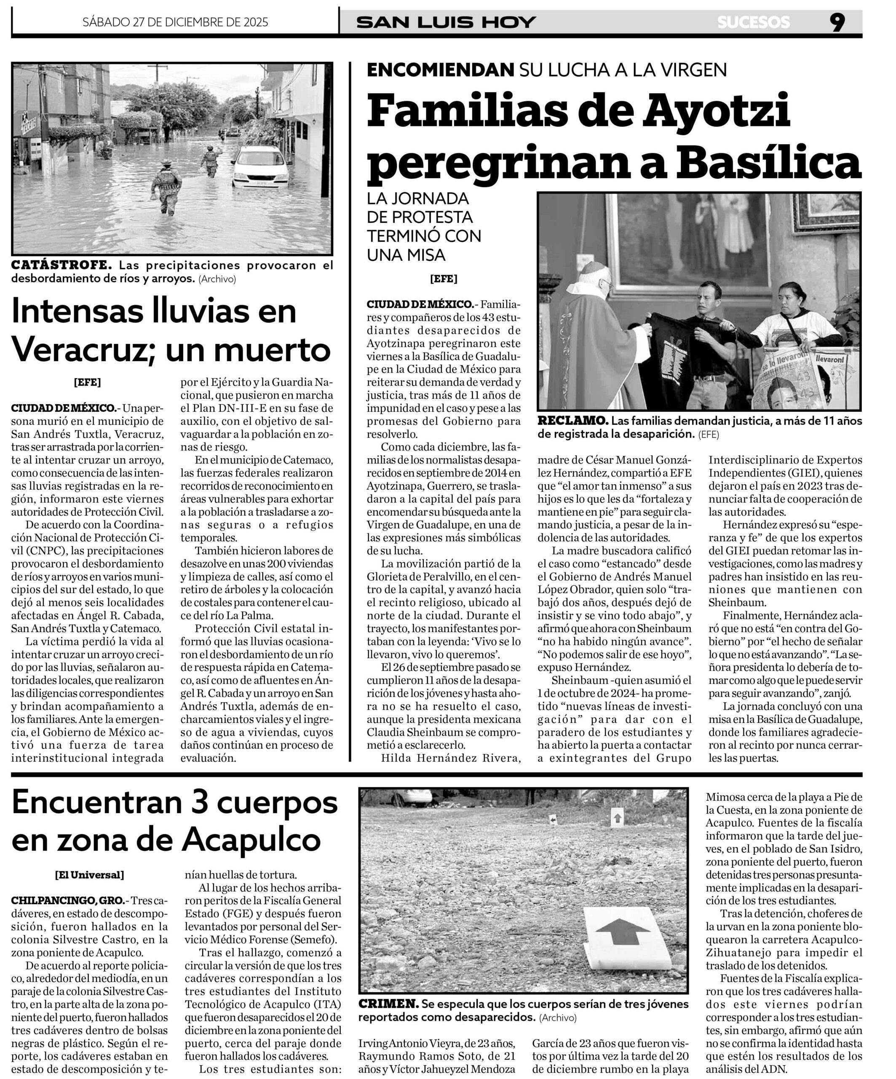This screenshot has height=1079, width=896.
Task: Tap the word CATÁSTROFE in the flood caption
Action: (x=62, y=265)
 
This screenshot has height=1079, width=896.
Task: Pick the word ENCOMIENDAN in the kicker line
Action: (x=440, y=70)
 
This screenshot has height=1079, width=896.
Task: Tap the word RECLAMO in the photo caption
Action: (x=572, y=420)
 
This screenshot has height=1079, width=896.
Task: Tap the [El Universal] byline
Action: (x=89, y=875)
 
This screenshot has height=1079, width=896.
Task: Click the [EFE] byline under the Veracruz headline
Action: (x=87, y=382)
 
